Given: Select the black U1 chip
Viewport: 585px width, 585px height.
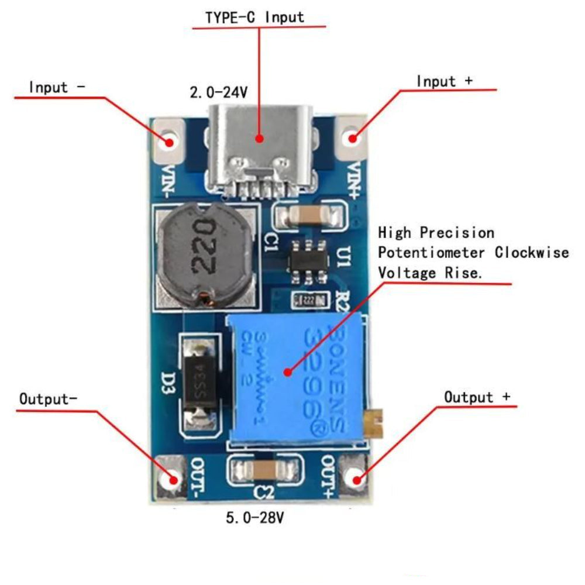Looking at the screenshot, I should click(x=308, y=259).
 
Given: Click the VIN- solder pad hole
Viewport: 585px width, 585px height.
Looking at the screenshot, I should click(x=170, y=141).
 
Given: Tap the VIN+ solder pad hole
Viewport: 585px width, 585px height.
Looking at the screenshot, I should click(x=353, y=139).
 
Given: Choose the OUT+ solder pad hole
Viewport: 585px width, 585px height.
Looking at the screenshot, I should click(x=354, y=479).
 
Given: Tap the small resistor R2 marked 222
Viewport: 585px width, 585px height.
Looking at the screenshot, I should click(x=307, y=301).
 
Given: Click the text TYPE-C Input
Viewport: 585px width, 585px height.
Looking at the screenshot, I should click(x=254, y=17).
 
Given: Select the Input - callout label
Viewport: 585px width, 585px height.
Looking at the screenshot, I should click(x=57, y=88).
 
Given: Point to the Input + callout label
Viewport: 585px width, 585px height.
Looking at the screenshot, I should click(x=444, y=81).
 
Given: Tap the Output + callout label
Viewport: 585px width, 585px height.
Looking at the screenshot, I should click(x=477, y=397).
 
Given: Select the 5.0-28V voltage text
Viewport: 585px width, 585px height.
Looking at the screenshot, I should click(x=255, y=518).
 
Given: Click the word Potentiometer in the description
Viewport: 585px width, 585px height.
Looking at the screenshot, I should click(x=431, y=253).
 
